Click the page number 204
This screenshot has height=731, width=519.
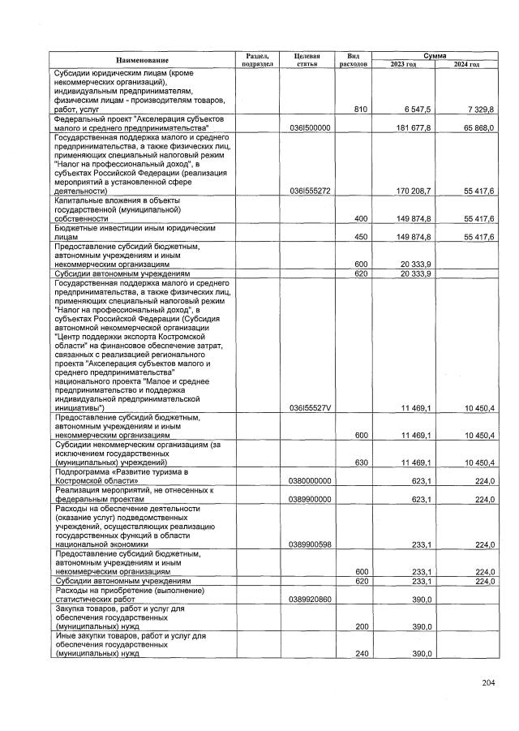pos(487,682)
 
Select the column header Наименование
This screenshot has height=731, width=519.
pos(142,60)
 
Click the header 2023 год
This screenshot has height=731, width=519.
pos(403,64)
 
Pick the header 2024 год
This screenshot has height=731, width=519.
pos(466,64)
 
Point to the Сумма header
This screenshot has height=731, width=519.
pos(434,54)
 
